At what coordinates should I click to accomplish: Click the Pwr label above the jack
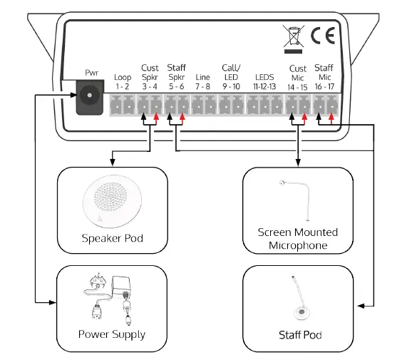92,73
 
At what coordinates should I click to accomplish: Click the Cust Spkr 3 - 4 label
150,76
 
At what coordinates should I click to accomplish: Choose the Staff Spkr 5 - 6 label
176,76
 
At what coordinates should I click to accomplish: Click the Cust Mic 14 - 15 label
297,76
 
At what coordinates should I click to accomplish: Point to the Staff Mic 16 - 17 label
324,76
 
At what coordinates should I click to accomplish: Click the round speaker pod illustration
113,200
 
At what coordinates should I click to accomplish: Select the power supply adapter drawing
111,297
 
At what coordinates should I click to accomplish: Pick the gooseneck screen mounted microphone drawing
297,199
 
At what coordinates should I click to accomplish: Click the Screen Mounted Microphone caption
297,239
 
